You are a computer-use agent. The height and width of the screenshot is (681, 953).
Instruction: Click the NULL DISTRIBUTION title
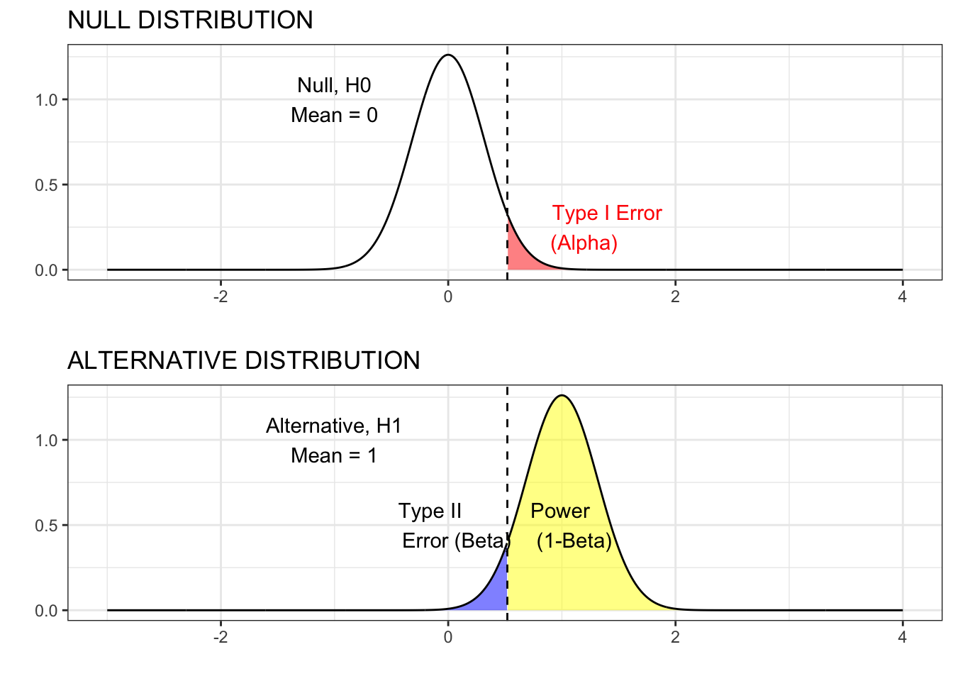click(190, 20)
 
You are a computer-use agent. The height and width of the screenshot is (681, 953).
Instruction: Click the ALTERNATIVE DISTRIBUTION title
click(243, 360)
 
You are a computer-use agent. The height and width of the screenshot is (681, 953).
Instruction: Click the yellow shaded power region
click(560, 575)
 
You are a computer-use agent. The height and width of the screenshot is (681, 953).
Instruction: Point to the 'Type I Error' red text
click(607, 213)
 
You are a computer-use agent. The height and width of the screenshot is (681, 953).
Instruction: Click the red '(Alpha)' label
click(584, 243)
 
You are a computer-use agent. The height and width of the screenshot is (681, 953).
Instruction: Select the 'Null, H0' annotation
click(334, 85)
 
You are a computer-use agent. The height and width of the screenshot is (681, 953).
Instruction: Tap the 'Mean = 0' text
click(334, 115)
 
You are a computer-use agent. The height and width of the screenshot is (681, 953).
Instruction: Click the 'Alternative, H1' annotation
click(333, 426)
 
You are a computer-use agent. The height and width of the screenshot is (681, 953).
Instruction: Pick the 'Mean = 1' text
click(333, 455)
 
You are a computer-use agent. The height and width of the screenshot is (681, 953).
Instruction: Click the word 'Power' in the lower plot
click(559, 511)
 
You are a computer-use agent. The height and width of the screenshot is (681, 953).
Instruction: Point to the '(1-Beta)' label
click(574, 541)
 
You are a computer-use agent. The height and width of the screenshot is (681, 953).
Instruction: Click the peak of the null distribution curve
click(448, 55)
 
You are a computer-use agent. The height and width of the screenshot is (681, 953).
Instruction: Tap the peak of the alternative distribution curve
click(562, 395)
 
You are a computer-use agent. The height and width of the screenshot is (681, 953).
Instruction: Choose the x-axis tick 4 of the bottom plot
click(902, 637)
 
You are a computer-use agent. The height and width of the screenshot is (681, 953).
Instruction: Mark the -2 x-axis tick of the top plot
click(221, 297)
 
